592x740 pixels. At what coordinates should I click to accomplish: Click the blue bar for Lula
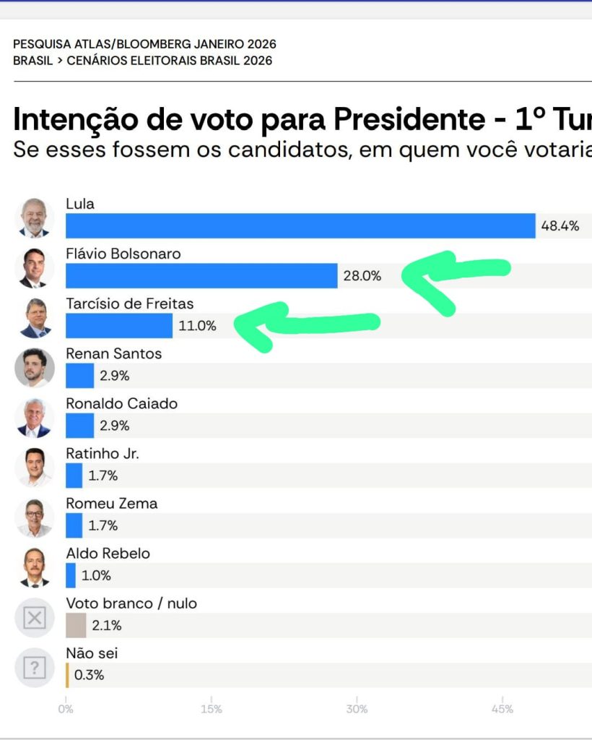300,225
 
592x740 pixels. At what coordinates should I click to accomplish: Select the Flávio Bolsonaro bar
201,275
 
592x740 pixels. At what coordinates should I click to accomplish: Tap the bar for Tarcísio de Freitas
119,325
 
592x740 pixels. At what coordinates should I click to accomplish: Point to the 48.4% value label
560,225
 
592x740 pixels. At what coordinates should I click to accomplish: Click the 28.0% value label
362,275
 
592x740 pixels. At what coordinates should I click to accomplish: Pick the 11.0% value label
197,325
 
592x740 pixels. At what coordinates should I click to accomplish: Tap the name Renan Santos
113,353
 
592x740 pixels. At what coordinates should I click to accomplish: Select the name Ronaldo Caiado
121,403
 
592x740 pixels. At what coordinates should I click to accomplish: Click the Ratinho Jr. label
103,453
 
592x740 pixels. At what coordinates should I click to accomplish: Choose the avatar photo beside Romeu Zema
35,517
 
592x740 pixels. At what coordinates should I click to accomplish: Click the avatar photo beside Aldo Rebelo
35,567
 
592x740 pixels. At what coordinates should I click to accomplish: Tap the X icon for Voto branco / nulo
35,618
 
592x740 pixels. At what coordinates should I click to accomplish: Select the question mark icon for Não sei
35,668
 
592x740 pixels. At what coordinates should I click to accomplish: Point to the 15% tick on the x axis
212,709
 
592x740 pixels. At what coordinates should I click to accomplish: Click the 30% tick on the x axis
357,709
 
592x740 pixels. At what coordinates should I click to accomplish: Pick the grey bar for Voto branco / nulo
76,625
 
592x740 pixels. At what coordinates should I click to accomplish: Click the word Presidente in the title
404,119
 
